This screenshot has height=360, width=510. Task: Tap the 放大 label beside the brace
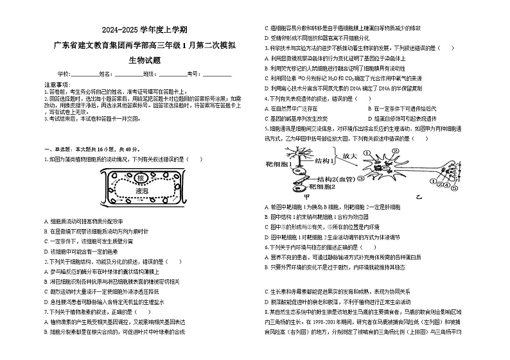(350, 156)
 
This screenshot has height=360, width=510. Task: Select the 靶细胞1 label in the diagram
(279, 164)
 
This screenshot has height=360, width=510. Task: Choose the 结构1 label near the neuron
(324, 161)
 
